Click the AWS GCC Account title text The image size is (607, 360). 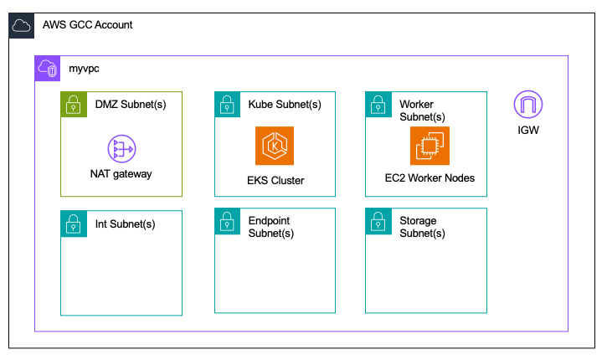(x=88, y=25)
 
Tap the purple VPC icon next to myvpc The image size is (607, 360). (x=48, y=69)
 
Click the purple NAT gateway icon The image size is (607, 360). (x=121, y=150)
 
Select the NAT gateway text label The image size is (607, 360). (x=121, y=174)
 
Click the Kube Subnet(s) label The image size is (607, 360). (x=285, y=104)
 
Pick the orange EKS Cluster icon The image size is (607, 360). (x=275, y=147)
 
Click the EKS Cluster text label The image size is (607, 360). (x=275, y=180)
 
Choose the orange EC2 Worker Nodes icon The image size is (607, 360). (x=430, y=147)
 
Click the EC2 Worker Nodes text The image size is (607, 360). (x=430, y=177)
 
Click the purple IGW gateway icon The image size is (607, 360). (x=527, y=105)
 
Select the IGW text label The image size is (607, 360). (x=527, y=130)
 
